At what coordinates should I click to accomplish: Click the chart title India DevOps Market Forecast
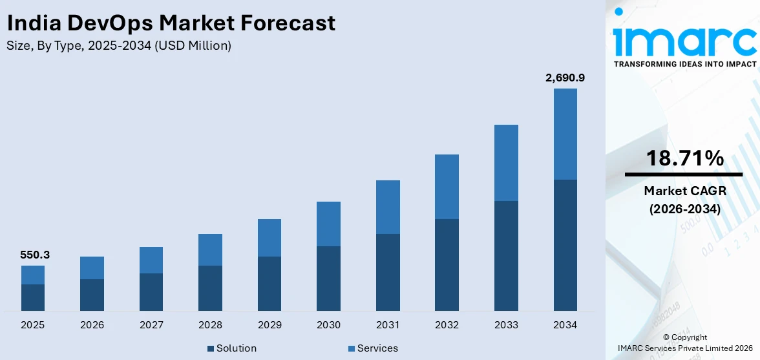(x=171, y=23)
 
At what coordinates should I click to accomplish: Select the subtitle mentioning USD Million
(x=119, y=46)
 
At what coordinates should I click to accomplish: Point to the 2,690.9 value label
(x=565, y=78)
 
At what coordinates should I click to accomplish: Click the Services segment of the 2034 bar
(x=565, y=134)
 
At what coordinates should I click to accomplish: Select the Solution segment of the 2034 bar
(x=565, y=245)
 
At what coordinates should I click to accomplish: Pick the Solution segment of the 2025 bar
(x=33, y=297)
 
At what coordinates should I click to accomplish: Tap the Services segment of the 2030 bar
(x=328, y=224)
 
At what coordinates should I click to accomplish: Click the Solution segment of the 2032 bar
(x=447, y=265)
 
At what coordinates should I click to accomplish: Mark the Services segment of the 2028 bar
(x=210, y=249)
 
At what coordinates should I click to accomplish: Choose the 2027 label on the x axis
(x=151, y=325)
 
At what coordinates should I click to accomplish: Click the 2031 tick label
(x=388, y=325)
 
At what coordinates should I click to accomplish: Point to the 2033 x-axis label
(x=506, y=325)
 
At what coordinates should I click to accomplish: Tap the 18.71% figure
(x=683, y=158)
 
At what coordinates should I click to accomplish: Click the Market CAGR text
(x=683, y=191)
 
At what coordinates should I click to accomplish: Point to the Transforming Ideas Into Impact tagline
(x=684, y=64)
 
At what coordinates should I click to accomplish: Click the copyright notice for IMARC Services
(x=684, y=343)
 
